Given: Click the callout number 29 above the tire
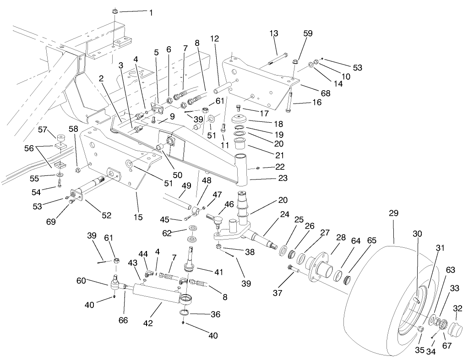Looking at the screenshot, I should tap(393, 213).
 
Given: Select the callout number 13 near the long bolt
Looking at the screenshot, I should tap(274, 33).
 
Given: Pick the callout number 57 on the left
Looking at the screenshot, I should tap(43, 130).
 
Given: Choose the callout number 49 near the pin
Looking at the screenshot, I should tap(186, 186).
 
